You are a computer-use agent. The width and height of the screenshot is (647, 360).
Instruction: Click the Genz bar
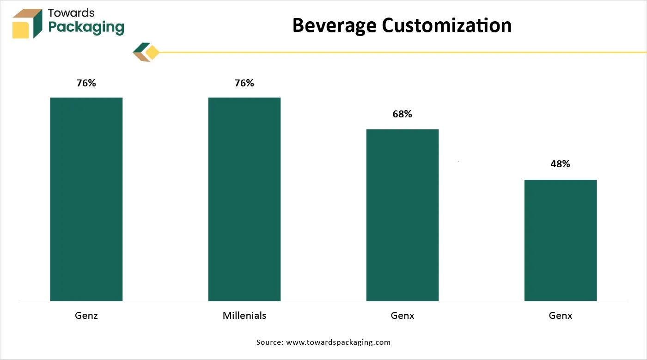coord(86,199)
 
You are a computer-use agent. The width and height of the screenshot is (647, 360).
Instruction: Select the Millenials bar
coord(244,199)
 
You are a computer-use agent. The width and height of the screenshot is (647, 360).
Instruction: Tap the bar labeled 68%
coord(402,215)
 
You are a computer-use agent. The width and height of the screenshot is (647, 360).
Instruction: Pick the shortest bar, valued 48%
coord(560,240)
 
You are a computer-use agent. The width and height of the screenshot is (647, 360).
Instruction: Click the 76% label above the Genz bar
coord(86,83)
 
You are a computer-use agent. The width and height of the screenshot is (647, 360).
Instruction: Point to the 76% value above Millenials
coord(244,83)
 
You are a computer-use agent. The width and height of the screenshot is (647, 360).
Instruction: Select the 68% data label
coord(402,114)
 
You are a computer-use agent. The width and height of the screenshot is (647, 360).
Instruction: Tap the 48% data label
coord(560,164)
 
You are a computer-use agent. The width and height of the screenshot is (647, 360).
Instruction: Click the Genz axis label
coord(86,316)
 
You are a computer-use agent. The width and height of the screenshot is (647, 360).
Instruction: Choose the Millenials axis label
coord(244,316)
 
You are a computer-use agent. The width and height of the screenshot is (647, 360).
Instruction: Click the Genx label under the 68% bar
coord(402,316)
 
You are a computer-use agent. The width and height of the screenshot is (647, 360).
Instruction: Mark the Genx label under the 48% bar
coord(560,316)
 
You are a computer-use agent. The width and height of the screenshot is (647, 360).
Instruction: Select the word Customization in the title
coord(446,25)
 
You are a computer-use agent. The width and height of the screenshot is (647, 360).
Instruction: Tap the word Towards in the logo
coord(71,13)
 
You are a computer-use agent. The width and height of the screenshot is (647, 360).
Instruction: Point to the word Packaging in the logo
coord(86,28)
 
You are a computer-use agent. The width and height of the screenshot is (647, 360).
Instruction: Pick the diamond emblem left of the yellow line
coord(146,52)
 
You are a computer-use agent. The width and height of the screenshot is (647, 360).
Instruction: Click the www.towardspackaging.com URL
coord(338,342)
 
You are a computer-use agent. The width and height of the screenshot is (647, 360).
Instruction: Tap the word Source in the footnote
coord(269,342)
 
